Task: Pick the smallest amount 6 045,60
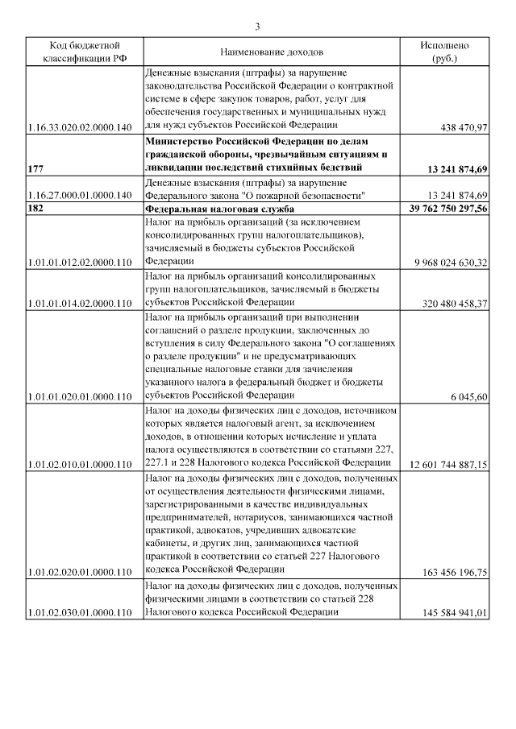point(468,397)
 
